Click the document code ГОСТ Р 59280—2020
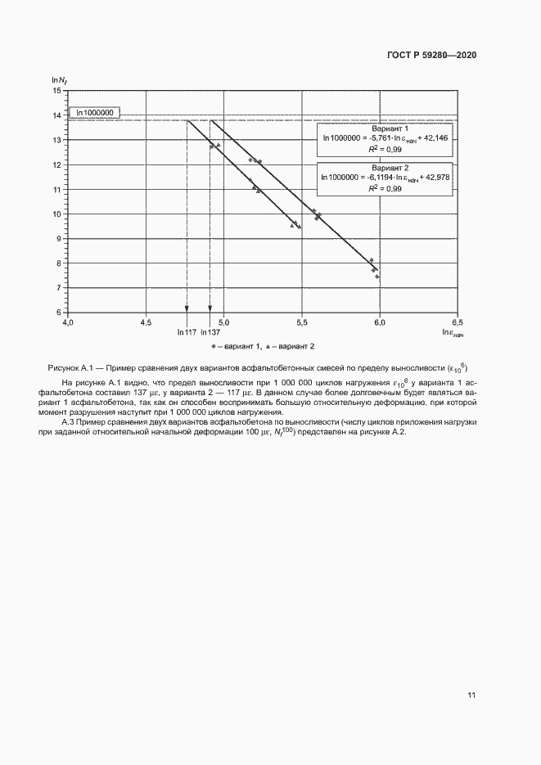click(x=431, y=55)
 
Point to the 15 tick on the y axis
click(x=56, y=91)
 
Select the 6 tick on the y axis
click(x=57, y=313)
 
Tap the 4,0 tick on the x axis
click(x=68, y=322)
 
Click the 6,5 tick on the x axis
click(x=457, y=322)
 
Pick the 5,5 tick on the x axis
click(x=302, y=322)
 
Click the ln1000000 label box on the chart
click(x=94, y=113)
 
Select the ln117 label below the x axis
click(x=187, y=333)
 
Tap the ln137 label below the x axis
click(x=211, y=333)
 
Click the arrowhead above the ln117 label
click(x=187, y=309)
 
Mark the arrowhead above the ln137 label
click(x=210, y=309)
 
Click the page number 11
click(x=471, y=695)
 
